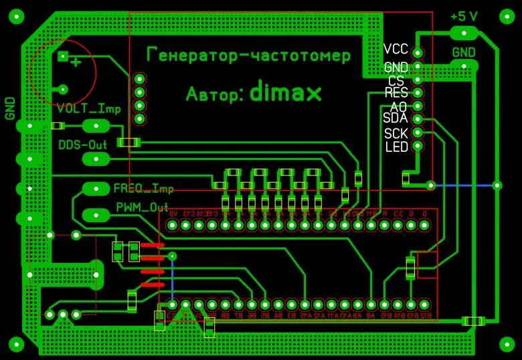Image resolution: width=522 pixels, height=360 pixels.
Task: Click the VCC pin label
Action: (396, 50)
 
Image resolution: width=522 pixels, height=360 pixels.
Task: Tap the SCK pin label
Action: (396, 132)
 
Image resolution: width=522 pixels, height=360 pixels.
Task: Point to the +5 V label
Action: (464, 15)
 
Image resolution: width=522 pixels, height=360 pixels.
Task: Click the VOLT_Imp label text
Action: (88, 109)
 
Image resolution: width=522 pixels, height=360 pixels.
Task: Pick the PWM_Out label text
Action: (142, 206)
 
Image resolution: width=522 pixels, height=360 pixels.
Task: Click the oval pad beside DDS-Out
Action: (96, 159)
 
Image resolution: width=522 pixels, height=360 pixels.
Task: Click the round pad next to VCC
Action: (418, 52)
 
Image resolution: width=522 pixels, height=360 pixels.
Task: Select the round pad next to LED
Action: (418, 146)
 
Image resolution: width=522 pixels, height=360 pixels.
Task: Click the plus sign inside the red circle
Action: (76, 62)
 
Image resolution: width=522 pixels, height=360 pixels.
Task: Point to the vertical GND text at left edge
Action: (10, 108)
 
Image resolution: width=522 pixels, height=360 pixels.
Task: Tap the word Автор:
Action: (214, 94)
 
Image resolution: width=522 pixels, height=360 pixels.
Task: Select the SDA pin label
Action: (395, 118)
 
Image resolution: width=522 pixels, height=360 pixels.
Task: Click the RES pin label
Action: (396, 92)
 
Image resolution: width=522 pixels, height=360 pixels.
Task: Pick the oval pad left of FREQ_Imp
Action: (96, 188)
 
